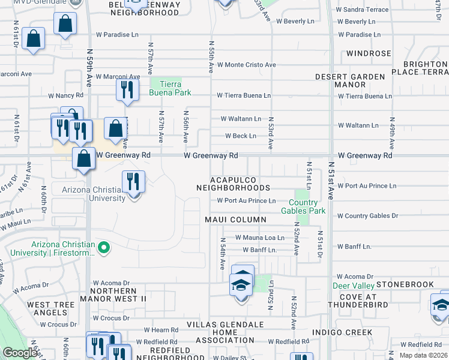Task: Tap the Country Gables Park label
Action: (x=303, y=206)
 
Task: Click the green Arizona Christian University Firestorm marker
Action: (x=104, y=247)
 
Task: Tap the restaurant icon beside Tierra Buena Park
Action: (x=127, y=90)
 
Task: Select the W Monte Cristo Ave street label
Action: (x=246, y=65)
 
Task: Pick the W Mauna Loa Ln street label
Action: (x=259, y=238)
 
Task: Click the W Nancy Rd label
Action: (x=65, y=95)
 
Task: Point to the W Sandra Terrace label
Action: (x=362, y=10)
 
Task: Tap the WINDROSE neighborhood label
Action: (x=369, y=53)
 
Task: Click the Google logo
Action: (x=20, y=353)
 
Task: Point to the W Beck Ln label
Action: (x=240, y=136)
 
